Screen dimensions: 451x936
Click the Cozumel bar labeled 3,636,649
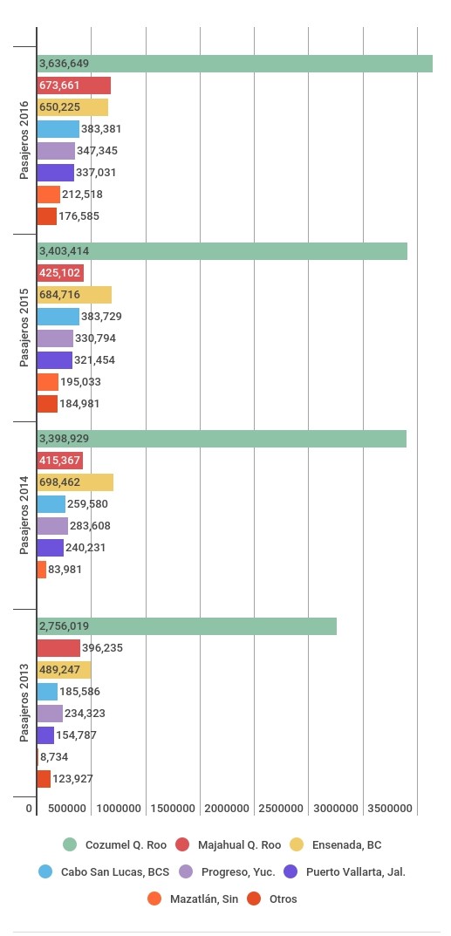click(x=235, y=64)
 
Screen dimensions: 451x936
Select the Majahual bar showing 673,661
click(x=74, y=85)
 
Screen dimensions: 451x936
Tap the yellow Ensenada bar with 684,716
click(x=74, y=295)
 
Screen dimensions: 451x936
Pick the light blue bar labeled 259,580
click(x=51, y=504)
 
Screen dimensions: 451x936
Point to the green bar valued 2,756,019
click(x=187, y=626)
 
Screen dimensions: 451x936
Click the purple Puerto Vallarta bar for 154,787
click(x=45, y=734)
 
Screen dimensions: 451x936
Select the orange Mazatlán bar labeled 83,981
click(x=42, y=570)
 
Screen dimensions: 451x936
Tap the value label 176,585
click(x=79, y=216)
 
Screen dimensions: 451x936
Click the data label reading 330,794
click(x=95, y=338)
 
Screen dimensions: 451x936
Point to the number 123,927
click(x=72, y=778)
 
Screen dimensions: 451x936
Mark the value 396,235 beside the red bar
click(x=103, y=647)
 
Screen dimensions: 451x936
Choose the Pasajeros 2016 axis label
click(x=24, y=140)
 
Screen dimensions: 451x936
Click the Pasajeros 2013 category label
click(x=24, y=702)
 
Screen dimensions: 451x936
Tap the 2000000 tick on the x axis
click(x=227, y=809)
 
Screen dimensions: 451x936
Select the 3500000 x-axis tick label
click(x=390, y=809)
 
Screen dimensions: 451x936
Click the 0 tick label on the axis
click(x=28, y=809)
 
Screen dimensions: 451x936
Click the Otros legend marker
click(x=255, y=898)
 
